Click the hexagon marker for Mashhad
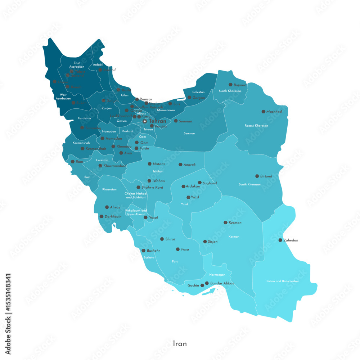(x=264, y=112)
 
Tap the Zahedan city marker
(x=280, y=240)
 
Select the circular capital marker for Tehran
(x=145, y=121)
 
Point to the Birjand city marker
(x=257, y=176)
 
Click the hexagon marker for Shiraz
(x=162, y=239)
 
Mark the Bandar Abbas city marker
(x=207, y=283)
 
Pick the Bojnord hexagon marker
(x=230, y=85)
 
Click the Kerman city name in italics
(x=235, y=223)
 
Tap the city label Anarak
(x=189, y=165)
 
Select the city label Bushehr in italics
(x=153, y=251)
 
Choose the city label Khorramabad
(x=115, y=166)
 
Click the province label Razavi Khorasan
(x=256, y=126)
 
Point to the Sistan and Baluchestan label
(x=283, y=281)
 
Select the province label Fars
(x=175, y=261)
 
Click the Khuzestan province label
(x=109, y=189)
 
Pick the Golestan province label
(x=198, y=92)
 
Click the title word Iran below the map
(x=180, y=343)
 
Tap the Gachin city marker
(x=202, y=285)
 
